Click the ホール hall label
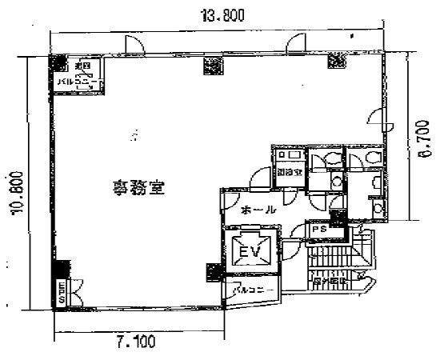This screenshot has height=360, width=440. (258, 210)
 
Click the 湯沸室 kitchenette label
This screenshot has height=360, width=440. (288, 171)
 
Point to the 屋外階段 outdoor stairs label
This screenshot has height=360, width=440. (330, 281)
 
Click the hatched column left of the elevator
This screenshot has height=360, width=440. (213, 272)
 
